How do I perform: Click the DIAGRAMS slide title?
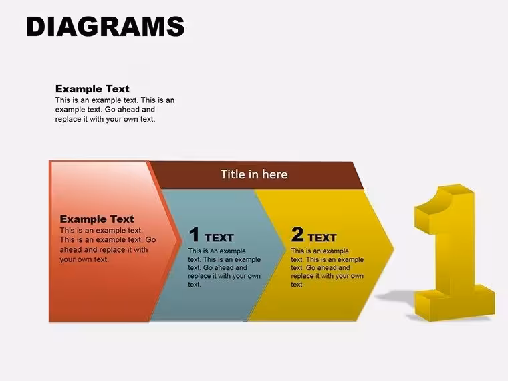click(x=106, y=27)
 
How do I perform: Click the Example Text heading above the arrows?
click(x=92, y=89)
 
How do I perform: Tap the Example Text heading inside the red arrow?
click(x=97, y=219)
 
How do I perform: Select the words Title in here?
click(x=254, y=174)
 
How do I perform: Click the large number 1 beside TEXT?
click(x=194, y=234)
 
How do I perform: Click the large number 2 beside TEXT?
click(x=297, y=234)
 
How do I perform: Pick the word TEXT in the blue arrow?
click(x=219, y=238)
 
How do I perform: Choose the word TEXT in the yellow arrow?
click(x=322, y=238)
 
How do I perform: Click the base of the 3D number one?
click(x=455, y=303)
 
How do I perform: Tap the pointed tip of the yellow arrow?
click(x=394, y=249)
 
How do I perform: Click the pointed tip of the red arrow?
click(x=180, y=241)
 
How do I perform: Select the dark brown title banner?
click(x=256, y=175)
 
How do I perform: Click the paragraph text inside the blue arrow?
click(x=224, y=268)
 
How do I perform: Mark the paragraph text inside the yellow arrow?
click(x=328, y=268)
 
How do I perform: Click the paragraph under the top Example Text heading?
click(x=115, y=110)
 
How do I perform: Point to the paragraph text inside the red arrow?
click(x=108, y=245)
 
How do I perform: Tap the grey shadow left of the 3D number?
click(x=395, y=295)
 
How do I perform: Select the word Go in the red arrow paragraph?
click(x=150, y=240)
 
